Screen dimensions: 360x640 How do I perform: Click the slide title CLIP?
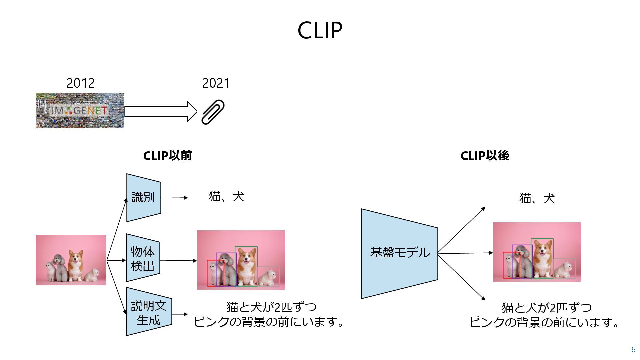click(x=320, y=30)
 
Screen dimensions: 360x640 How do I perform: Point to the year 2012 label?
click(x=80, y=83)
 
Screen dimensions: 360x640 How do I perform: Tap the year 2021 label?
click(x=216, y=83)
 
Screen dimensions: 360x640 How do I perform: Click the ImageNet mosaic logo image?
click(x=80, y=111)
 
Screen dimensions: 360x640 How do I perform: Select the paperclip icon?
click(x=213, y=112)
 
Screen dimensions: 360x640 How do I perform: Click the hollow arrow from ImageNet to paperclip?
click(x=160, y=111)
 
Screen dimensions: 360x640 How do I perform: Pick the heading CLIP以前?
click(x=167, y=156)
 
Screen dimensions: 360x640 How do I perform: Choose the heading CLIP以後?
click(x=485, y=156)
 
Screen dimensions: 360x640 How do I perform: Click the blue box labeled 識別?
click(x=143, y=198)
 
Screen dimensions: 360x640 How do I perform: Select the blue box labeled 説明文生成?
click(x=148, y=312)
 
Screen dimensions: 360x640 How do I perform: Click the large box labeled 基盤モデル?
click(x=399, y=253)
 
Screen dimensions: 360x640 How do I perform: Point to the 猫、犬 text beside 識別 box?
click(x=226, y=197)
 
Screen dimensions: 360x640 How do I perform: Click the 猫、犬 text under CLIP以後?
click(x=537, y=199)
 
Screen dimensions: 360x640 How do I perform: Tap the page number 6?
click(x=633, y=350)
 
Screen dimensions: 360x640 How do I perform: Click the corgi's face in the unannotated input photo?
click(x=76, y=258)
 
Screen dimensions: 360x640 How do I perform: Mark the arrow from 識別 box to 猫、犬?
click(x=174, y=198)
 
